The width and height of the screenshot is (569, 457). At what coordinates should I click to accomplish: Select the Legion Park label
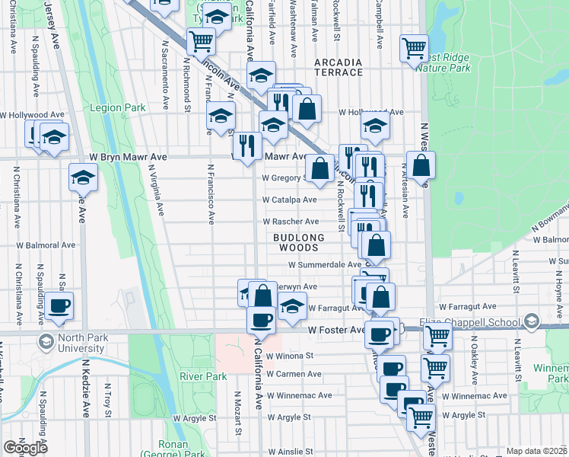[117, 108]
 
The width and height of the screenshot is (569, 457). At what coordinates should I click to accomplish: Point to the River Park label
[203, 376]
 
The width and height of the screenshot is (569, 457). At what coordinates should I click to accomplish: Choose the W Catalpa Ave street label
[289, 200]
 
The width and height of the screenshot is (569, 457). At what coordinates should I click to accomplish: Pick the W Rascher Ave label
[291, 222]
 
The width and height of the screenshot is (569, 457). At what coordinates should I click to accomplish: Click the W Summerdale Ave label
[324, 265]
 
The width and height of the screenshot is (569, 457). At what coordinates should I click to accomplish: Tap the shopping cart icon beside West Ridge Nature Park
[414, 49]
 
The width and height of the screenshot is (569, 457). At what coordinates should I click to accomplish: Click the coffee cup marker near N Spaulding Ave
[59, 306]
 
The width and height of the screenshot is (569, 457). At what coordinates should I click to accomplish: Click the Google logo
[25, 448]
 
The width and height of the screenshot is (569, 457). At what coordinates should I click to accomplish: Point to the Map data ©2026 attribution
[536, 451]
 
